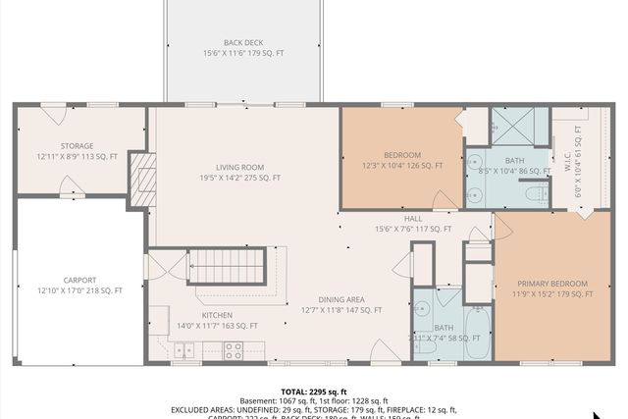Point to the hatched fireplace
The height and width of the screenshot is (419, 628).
(x=142, y=181)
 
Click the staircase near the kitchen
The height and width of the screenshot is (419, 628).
(x=227, y=266)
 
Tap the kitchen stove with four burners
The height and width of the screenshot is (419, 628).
(x=234, y=348)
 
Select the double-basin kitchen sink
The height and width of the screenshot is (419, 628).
(x=183, y=349)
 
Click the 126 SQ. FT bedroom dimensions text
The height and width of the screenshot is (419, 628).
(x=402, y=166)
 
